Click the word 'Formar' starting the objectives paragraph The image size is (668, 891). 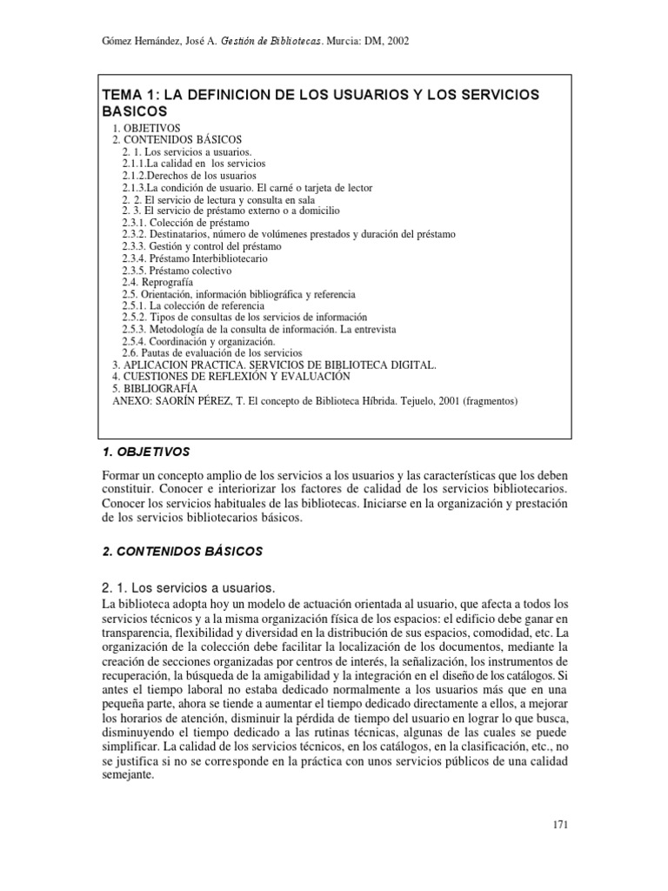coord(124,477)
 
